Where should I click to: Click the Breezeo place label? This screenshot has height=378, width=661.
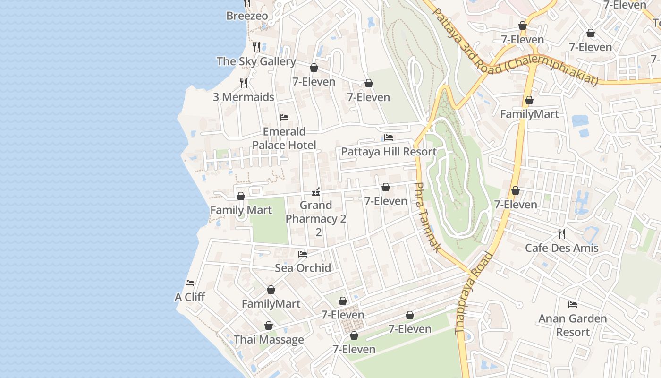(x=247, y=16)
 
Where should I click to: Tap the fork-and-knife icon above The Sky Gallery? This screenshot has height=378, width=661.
(x=256, y=47)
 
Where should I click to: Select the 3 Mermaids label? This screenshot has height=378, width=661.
(x=243, y=97)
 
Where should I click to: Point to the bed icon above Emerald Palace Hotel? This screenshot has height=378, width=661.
(x=284, y=118)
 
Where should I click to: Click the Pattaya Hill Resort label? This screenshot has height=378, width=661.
(x=389, y=152)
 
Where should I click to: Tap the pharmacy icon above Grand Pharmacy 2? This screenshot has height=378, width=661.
(x=316, y=192)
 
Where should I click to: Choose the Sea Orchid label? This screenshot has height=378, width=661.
(x=303, y=268)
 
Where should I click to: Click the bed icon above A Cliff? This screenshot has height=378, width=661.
(x=190, y=283)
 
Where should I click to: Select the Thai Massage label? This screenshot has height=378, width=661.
(x=269, y=340)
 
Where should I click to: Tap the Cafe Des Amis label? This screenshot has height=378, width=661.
(x=561, y=248)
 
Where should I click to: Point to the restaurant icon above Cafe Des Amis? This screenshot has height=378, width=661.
(x=561, y=233)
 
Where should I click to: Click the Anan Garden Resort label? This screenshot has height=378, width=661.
(x=573, y=325)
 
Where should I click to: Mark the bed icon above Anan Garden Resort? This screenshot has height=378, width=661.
(x=573, y=304)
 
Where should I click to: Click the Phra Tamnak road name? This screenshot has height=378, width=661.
(x=427, y=217)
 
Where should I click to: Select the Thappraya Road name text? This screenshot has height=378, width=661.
(x=474, y=293)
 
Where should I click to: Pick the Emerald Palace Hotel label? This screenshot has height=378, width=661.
(x=284, y=138)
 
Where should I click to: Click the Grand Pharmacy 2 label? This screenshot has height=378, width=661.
(x=316, y=218)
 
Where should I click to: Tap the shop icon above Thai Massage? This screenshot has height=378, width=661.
(x=269, y=326)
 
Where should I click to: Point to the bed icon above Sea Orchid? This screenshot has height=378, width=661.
(x=303, y=254)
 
